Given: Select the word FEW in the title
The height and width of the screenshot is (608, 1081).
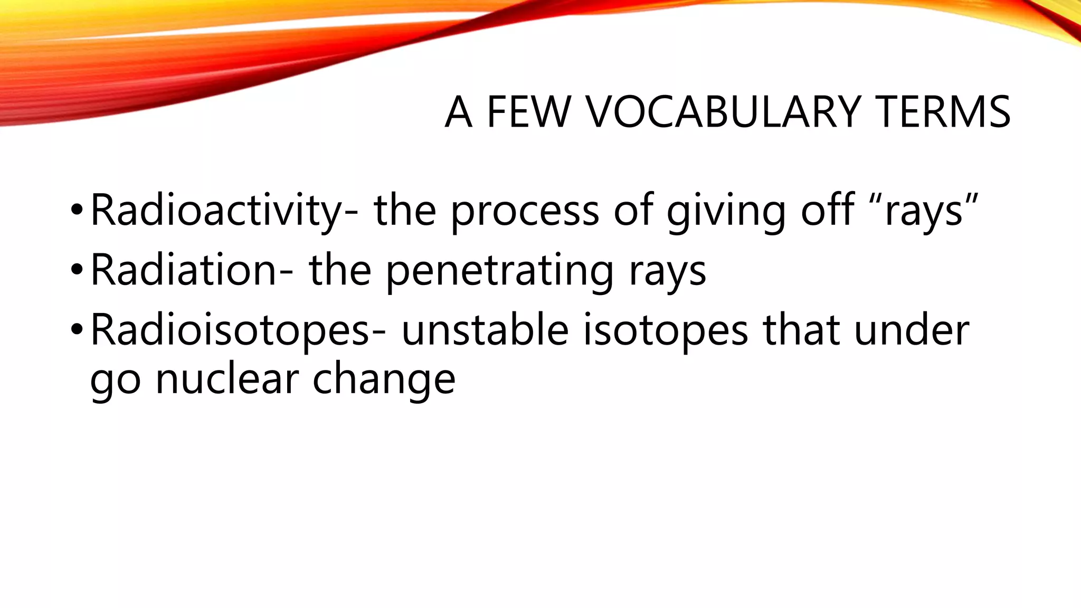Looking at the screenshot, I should coord(528,112).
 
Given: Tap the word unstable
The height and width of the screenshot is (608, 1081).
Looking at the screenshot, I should coord(485,330).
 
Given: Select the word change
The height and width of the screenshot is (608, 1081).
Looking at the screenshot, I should coord(384,381).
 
